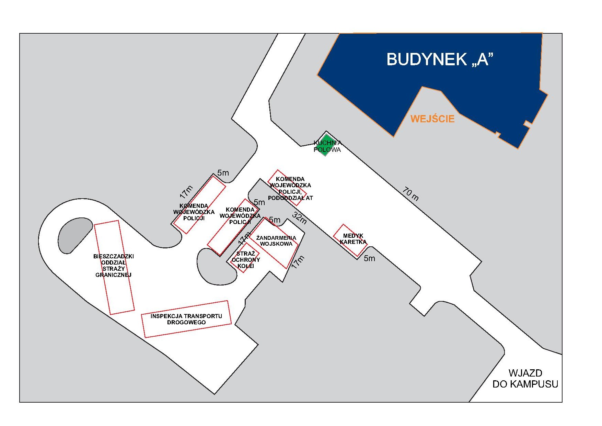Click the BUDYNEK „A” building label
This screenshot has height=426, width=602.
(440, 59)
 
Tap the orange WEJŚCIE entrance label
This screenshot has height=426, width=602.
(432, 119)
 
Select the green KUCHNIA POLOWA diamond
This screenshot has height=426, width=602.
(325, 144)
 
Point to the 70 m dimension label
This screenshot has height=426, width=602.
(411, 193)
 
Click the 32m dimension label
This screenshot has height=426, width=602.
(300, 218)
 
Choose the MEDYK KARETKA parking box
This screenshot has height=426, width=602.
(350, 240)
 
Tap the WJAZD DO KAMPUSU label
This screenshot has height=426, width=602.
(525, 378)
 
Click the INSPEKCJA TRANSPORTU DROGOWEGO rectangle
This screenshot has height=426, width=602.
(186, 319)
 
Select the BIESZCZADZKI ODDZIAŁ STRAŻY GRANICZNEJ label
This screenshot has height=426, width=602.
(114, 266)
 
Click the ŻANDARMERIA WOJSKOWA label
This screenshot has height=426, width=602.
(276, 240)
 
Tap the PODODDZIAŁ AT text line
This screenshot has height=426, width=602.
(290, 198)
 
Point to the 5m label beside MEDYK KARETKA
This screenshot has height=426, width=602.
(369, 258)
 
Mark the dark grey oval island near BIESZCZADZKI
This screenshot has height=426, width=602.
(75, 235)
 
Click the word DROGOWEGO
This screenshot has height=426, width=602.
(186, 322)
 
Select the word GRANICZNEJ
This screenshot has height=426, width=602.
(114, 275)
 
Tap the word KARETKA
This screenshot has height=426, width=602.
(353, 242)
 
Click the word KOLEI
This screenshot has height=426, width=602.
(246, 266)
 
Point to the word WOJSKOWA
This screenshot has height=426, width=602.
(276, 244)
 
